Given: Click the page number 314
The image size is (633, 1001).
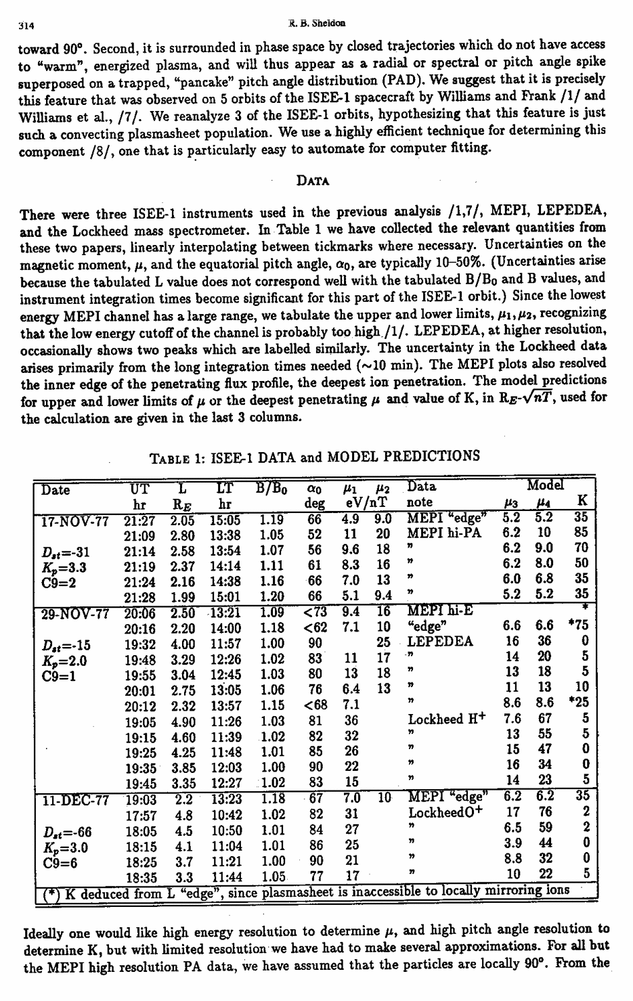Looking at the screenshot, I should [26, 26].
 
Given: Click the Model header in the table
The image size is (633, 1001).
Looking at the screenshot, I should [545, 487].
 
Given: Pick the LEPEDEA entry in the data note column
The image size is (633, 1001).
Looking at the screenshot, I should [439, 642].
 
